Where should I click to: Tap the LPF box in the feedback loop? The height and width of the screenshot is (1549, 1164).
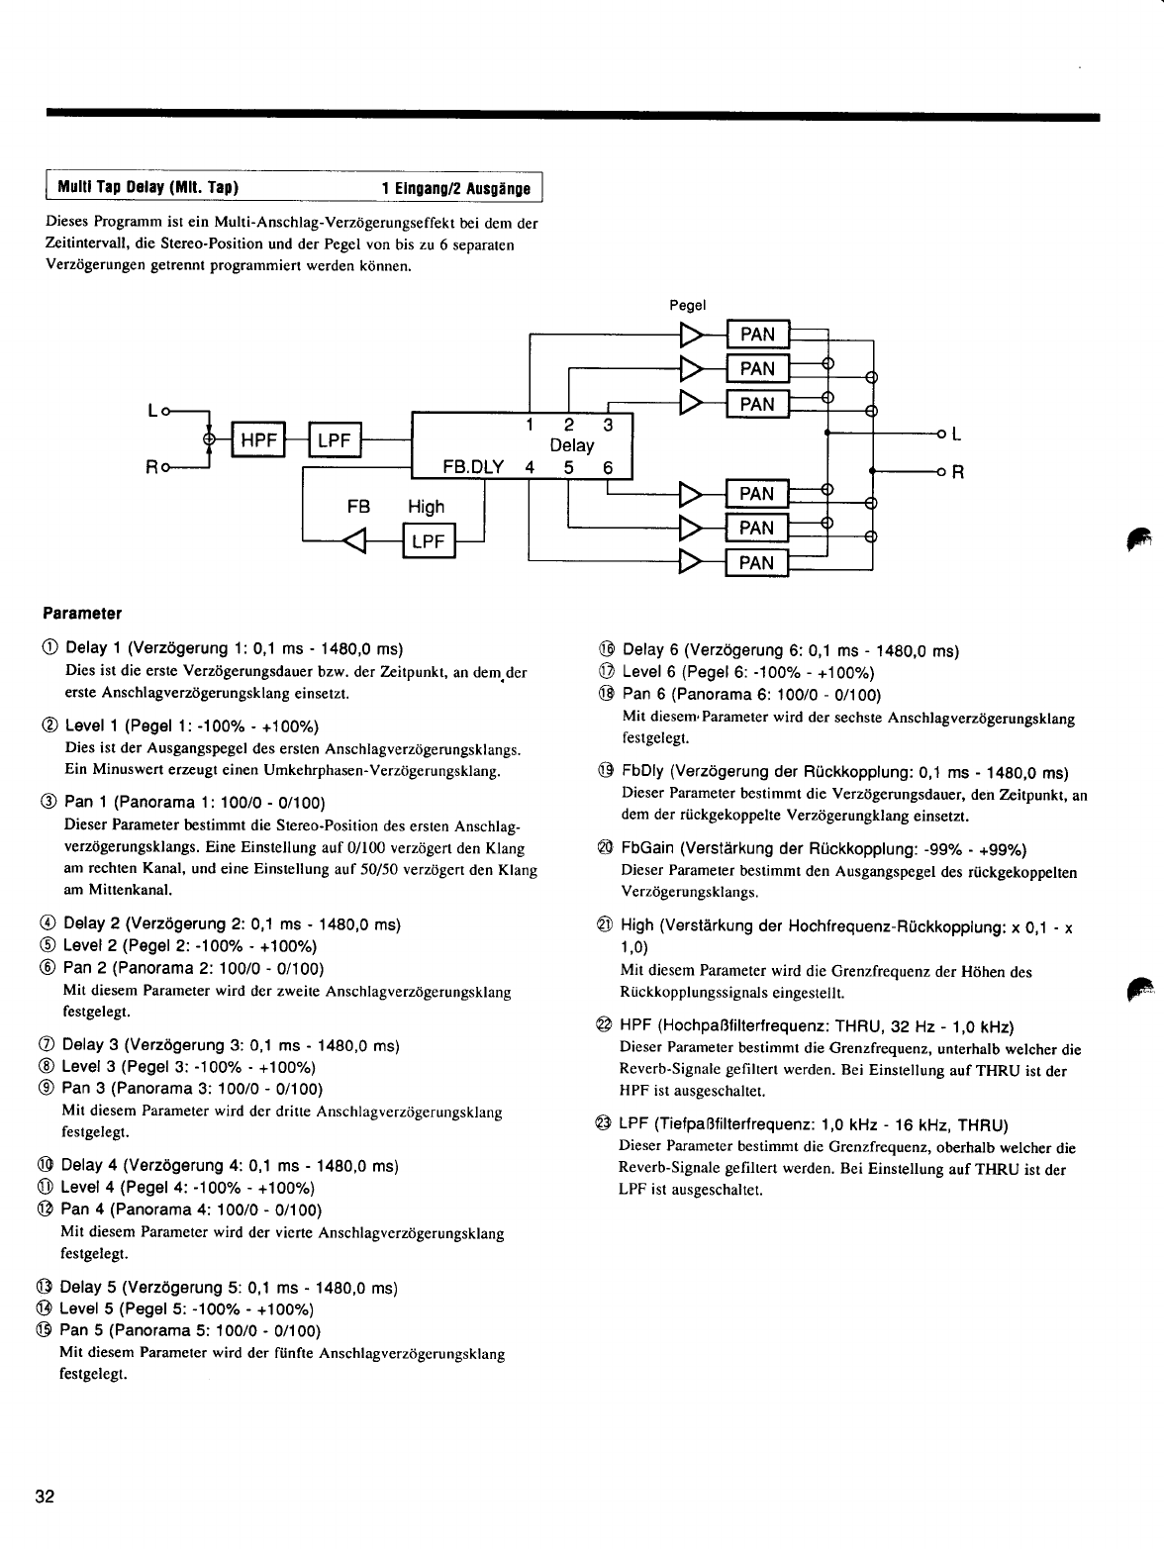(x=427, y=542)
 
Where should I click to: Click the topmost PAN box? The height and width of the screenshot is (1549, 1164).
(x=757, y=335)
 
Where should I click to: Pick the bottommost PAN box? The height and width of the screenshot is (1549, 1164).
(x=757, y=563)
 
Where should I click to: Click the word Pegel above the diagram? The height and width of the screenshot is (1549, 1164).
(x=687, y=305)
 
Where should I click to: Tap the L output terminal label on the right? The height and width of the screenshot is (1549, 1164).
(x=956, y=434)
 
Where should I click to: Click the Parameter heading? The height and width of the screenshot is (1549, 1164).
(x=82, y=614)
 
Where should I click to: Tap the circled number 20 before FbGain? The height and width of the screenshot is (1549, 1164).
(x=606, y=849)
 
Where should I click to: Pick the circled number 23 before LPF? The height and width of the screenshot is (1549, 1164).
(x=605, y=1124)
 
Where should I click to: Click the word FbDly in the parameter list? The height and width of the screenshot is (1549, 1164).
(x=641, y=772)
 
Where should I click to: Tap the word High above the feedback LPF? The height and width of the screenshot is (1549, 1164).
(x=427, y=507)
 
